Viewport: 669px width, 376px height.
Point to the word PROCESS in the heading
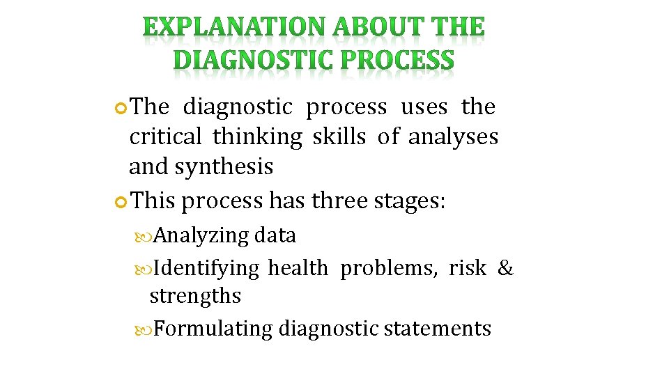click(x=397, y=62)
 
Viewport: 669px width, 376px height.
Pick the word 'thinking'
click(x=258, y=138)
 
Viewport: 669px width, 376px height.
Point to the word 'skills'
click(x=339, y=137)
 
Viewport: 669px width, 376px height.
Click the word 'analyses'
click(x=453, y=138)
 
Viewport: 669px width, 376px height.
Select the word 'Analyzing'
click(x=201, y=236)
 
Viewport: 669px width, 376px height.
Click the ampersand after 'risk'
click(x=505, y=267)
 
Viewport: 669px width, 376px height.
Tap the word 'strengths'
click(x=195, y=296)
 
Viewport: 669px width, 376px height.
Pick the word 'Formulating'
click(x=213, y=328)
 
